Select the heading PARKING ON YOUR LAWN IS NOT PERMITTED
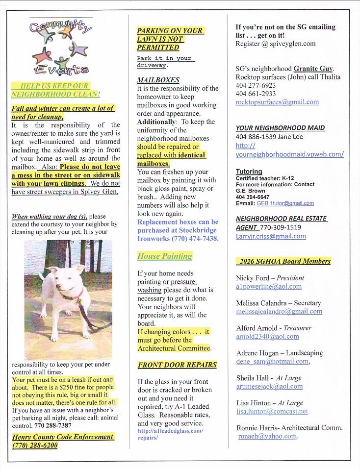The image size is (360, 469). (x=169, y=39)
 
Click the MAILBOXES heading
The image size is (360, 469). (x=158, y=80)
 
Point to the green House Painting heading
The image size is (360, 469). (x=164, y=256)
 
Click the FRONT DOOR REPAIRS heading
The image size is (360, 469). (x=177, y=365)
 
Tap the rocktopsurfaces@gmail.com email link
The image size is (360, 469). (x=277, y=102)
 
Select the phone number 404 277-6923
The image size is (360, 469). (x=256, y=85)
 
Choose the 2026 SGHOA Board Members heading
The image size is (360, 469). (x=283, y=261)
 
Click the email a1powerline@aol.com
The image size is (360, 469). (x=269, y=286)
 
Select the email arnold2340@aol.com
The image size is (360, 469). (x=267, y=336)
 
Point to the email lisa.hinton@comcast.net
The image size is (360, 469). (x=272, y=411)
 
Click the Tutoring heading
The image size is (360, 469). (x=249, y=172)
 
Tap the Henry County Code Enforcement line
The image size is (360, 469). (x=63, y=437)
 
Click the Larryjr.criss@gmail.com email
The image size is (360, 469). (x=271, y=236)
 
